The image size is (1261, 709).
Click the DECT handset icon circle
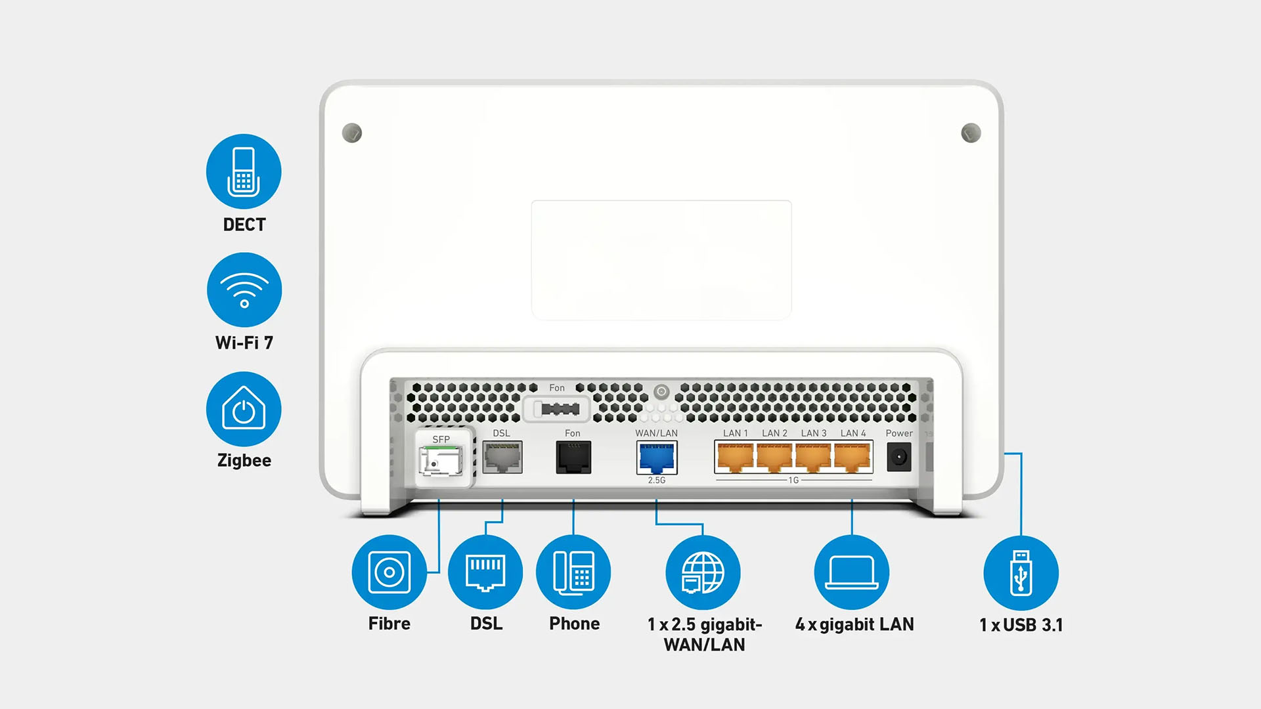click(244, 171)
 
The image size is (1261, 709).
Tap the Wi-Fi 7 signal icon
click(244, 290)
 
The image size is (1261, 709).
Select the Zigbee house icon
click(244, 409)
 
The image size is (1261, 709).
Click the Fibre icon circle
click(389, 572)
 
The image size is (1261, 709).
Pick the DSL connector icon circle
click(485, 572)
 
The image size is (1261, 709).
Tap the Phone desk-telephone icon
click(573, 572)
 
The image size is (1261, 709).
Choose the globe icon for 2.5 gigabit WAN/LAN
click(703, 572)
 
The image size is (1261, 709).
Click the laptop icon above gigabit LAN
click(852, 572)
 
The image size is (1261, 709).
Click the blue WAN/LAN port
click(657, 457)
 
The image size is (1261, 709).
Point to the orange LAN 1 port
click(736, 457)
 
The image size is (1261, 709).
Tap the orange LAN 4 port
click(852, 457)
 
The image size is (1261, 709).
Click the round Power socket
click(899, 457)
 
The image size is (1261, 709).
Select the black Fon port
click(573, 457)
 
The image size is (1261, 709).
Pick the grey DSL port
click(502, 457)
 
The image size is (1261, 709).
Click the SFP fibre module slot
click(441, 460)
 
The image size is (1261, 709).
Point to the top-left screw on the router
click(352, 133)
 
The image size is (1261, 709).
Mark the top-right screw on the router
click(971, 133)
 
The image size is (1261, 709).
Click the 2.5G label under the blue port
click(657, 481)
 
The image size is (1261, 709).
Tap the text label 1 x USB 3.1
click(1021, 625)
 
